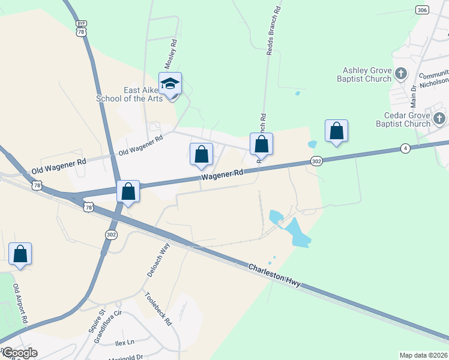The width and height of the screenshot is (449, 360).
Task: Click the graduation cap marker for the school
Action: (x=170, y=84)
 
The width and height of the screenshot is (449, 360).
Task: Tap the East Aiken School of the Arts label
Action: (x=143, y=94)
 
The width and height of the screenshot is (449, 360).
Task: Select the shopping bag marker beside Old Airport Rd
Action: (x=20, y=254)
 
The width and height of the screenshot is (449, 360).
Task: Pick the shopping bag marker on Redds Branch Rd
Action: (x=261, y=144)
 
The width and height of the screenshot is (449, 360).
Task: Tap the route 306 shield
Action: (x=421, y=10)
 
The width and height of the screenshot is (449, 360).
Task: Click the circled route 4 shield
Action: (x=406, y=148)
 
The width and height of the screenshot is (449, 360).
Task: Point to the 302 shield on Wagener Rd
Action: (x=317, y=161)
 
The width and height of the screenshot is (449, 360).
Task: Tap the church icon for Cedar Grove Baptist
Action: (x=439, y=118)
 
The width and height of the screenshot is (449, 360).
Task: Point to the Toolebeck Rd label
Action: (x=159, y=308)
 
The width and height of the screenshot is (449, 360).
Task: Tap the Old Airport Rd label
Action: (x=20, y=304)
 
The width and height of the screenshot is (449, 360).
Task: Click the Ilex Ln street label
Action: (x=124, y=343)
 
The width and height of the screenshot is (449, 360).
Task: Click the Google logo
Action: (x=19, y=352)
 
